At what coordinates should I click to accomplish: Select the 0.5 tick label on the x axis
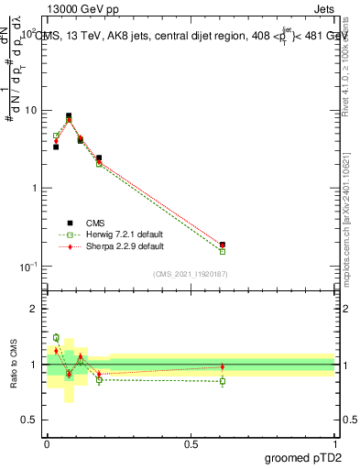(x=191, y=444)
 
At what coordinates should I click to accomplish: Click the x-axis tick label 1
(x=334, y=444)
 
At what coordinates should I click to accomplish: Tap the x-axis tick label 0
(x=47, y=444)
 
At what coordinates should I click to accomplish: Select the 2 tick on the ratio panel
(x=36, y=310)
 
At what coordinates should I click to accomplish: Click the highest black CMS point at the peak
(x=69, y=116)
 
